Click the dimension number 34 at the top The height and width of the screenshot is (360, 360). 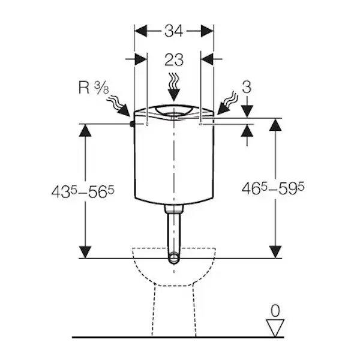[173, 31]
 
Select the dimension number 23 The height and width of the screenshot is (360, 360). [174, 59]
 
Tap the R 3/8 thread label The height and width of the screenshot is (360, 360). [94, 88]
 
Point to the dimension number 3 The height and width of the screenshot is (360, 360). [247, 87]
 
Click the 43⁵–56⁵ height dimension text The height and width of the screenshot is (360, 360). [83, 191]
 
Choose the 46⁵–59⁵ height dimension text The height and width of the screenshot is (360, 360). [273, 188]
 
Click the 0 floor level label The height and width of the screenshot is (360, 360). [275, 311]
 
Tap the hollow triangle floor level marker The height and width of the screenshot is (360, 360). [275, 328]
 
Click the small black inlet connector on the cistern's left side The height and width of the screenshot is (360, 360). [132, 124]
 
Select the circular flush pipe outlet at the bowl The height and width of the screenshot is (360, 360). [174, 258]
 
